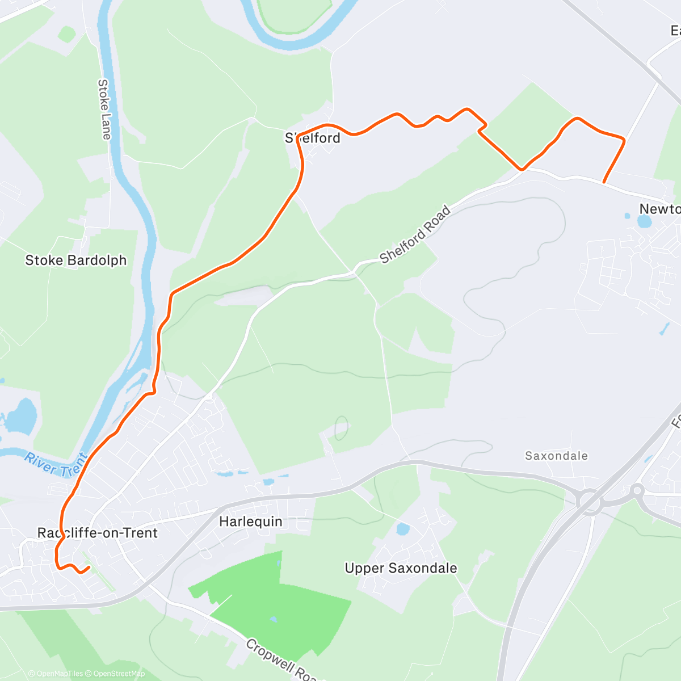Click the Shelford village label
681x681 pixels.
(313, 138)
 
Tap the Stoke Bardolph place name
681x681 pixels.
(76, 260)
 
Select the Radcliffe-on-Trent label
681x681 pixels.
(98, 533)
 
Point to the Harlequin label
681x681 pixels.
(251, 522)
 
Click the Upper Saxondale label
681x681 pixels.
(401, 568)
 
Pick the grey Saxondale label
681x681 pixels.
(556, 456)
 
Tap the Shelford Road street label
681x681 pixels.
(415, 234)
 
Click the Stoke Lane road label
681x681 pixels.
(104, 109)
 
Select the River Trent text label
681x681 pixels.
(56, 464)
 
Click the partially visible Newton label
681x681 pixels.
(659, 209)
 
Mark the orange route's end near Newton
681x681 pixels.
(604, 182)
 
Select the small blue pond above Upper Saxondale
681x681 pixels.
(402, 529)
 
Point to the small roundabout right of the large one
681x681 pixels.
(637, 490)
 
